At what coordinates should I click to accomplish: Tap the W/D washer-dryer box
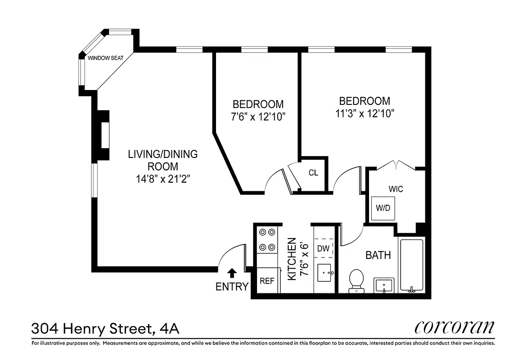click(383, 208)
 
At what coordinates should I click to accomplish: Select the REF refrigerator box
click(267, 281)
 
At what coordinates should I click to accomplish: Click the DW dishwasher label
click(323, 248)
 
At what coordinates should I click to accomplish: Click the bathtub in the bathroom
click(411, 265)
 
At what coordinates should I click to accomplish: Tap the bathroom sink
click(384, 285)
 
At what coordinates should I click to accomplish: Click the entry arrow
click(232, 273)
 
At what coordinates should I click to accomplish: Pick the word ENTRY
click(232, 287)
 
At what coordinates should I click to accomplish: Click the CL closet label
click(313, 173)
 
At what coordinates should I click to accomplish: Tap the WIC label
click(396, 189)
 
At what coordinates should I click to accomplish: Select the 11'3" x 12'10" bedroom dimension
click(365, 113)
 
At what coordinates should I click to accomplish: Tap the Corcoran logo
click(454, 327)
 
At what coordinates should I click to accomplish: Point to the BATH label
click(378, 256)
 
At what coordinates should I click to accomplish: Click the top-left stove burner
click(262, 233)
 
